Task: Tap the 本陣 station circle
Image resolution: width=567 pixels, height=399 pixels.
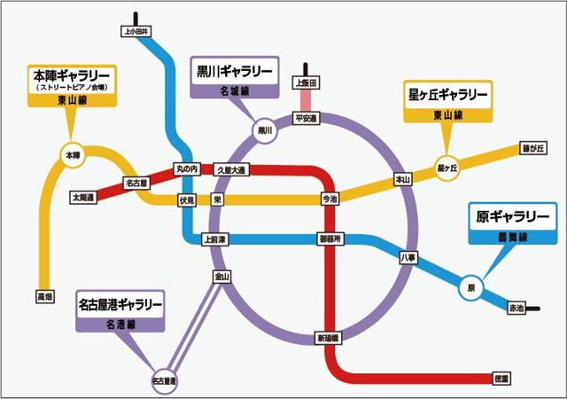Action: [x=73, y=155]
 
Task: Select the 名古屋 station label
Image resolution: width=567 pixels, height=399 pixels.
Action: [x=136, y=183]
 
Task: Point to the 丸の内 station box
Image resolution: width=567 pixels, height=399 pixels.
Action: [x=186, y=168]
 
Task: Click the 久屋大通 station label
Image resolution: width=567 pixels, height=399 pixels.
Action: [x=232, y=168]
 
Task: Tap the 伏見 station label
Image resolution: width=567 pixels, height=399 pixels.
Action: [x=186, y=200]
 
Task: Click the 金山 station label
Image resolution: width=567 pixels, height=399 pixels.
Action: [x=221, y=277]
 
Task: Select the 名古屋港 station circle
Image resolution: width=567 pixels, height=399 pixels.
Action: [x=164, y=379]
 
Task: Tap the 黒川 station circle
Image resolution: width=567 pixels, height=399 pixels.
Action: [x=264, y=130]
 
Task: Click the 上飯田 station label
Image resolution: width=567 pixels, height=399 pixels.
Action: [x=307, y=83]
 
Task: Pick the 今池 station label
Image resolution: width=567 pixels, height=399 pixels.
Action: [x=330, y=200]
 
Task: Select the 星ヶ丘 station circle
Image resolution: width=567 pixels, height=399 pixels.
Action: [x=447, y=167]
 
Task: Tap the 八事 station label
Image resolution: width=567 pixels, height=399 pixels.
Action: [x=408, y=257]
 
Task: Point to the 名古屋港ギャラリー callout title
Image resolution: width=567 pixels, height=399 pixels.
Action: [x=120, y=304]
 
